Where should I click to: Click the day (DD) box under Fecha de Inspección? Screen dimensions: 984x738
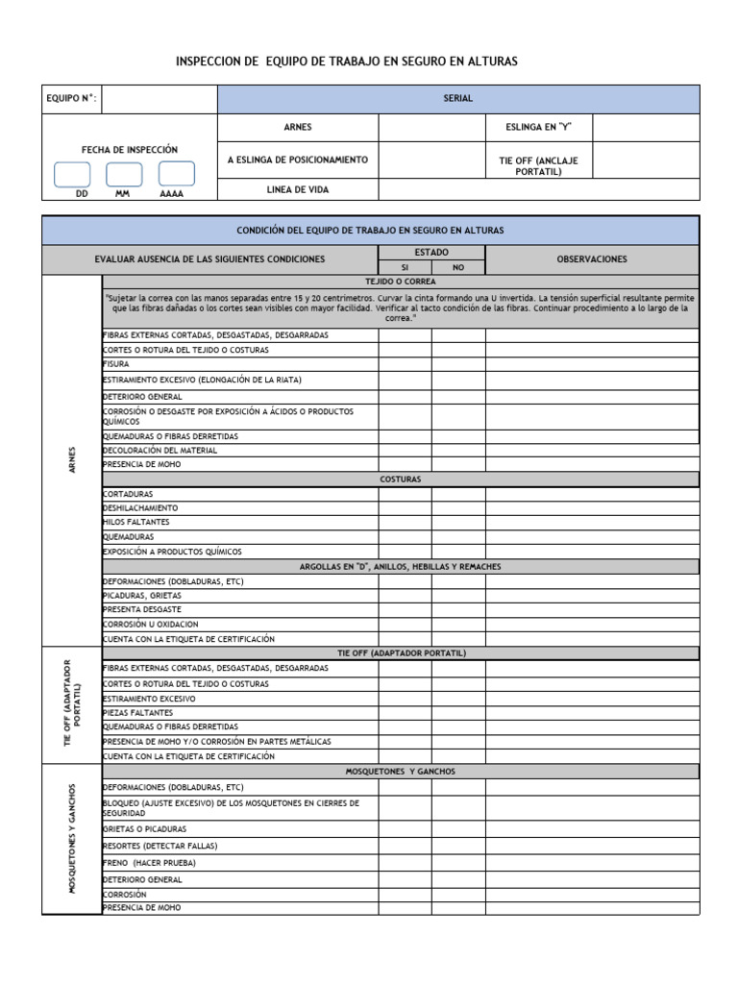[72, 174]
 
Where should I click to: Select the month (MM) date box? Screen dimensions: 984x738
[124, 174]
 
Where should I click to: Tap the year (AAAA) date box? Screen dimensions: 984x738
[176, 174]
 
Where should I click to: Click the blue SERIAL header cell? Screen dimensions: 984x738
[458, 99]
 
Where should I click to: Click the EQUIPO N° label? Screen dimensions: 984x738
[71, 99]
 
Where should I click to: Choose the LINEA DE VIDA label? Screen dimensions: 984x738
[297, 190]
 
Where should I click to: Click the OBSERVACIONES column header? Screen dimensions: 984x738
[592, 259]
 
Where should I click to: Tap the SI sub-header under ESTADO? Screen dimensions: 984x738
[404, 267]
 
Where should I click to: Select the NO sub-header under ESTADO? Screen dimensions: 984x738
[457, 267]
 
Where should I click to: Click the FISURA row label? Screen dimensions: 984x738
[116, 365]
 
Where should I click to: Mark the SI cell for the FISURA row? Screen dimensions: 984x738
[404, 365]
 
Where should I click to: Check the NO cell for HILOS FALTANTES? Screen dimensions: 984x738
[457, 523]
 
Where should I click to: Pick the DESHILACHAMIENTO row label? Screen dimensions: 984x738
[140, 508]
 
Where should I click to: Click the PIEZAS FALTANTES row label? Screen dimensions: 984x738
[137, 713]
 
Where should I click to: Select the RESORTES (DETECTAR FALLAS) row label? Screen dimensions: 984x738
[160, 846]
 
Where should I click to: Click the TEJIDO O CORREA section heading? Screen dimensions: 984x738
[401, 282]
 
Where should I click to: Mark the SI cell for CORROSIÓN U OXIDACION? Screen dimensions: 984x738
[404, 624]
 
